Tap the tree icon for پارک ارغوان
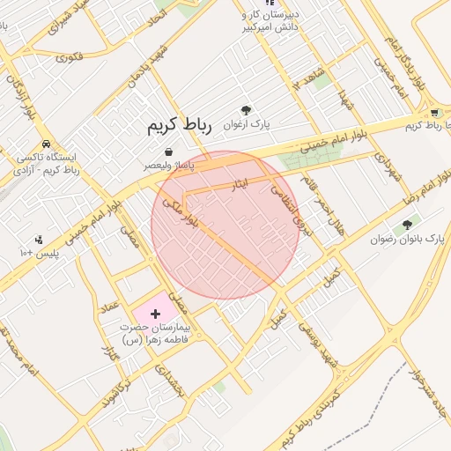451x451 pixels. [x=246, y=110]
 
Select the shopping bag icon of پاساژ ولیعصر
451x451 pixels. [x=168, y=152]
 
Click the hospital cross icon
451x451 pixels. [x=156, y=314]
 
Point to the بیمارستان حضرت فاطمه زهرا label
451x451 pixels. [x=158, y=333]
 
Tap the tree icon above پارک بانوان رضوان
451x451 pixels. [x=407, y=225]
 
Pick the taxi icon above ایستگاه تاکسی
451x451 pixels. [x=46, y=144]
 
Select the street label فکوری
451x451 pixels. [x=69, y=58]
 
